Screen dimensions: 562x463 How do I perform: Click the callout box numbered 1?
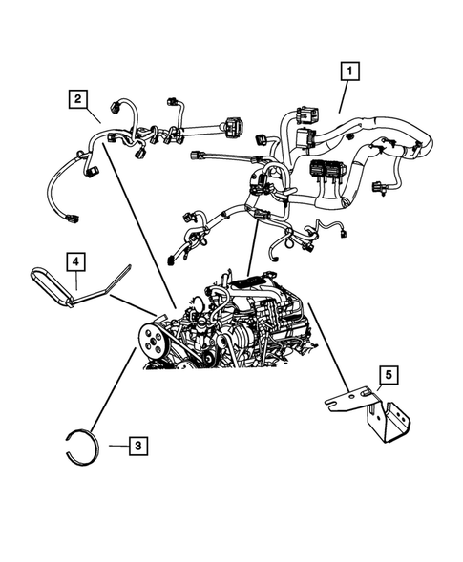pyautogui.click(x=351, y=71)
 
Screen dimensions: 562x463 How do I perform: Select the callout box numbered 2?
pyautogui.click(x=77, y=98)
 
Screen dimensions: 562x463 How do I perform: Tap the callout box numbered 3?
pyautogui.click(x=138, y=445)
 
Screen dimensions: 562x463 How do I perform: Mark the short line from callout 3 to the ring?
pyautogui.click(x=115, y=446)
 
